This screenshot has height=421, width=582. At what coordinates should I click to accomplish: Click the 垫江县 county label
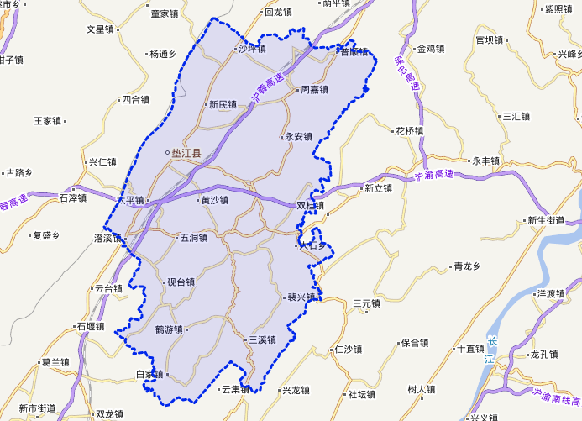tap(186, 153)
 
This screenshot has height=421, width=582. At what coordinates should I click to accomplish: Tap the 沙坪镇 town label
tap(251, 49)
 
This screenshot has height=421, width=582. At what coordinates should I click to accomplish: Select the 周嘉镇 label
tap(314, 89)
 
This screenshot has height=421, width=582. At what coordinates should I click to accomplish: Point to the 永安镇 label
tap(298, 136)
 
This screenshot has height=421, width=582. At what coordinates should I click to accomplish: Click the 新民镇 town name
tap(223, 105)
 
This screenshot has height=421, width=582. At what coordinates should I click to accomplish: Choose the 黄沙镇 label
tap(214, 200)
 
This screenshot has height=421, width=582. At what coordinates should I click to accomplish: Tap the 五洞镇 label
tap(193, 238)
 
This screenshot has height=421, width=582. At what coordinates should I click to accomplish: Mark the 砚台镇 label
tap(181, 282)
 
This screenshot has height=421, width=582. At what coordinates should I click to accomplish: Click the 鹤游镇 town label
tap(169, 329)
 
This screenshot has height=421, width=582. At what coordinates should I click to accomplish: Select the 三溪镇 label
tap(262, 339)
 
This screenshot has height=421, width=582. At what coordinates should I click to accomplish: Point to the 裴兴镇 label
tap(301, 297)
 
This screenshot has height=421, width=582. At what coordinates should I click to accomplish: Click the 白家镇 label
tap(149, 374)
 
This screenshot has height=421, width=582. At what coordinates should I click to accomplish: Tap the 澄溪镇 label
tap(107, 239)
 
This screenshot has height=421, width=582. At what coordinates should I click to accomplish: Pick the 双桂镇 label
tap(310, 205)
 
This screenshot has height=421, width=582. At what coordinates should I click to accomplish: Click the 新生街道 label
tap(546, 220)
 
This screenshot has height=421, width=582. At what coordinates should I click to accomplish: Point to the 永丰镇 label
tap(485, 161)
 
